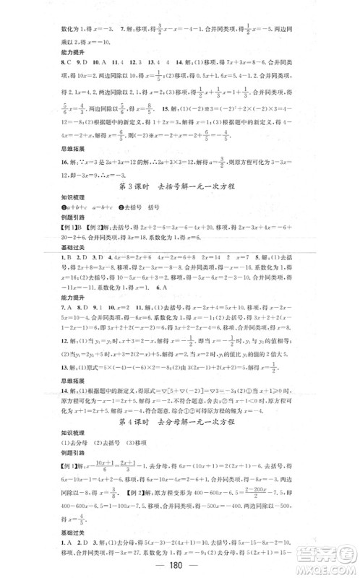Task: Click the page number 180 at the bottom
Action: click(179, 565)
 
